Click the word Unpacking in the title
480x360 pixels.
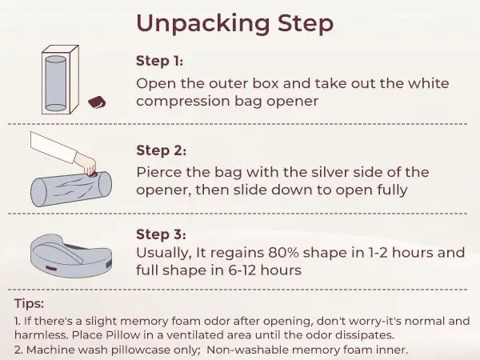202,23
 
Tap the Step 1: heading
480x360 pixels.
159,61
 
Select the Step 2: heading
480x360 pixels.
161,150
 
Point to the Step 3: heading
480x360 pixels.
161,234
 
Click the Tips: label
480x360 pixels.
29,304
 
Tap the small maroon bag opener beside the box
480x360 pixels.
97,102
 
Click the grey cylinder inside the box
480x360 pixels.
56,83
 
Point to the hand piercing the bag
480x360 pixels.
86,165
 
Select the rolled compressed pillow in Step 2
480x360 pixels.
71,189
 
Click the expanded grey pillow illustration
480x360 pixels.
71,256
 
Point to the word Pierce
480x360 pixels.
159,172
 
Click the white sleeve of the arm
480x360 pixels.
52,147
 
